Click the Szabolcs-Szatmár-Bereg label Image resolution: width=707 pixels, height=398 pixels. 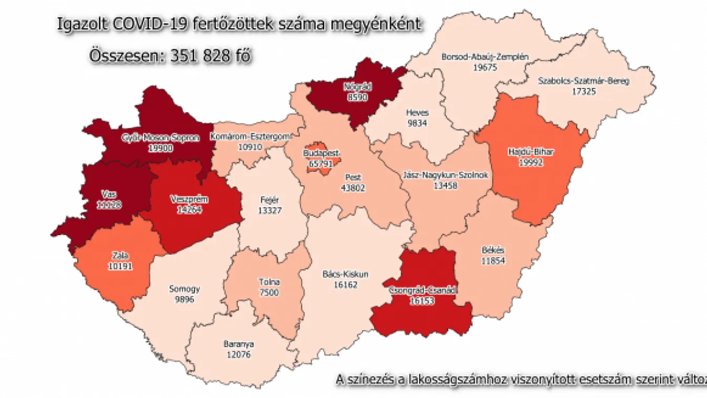584,81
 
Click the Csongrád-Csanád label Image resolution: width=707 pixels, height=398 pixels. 424,290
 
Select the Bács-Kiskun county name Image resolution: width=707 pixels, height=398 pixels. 344,274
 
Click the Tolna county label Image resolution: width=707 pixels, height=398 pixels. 269,282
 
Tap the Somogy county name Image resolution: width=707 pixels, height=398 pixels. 184,289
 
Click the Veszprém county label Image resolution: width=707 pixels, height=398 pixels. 189,200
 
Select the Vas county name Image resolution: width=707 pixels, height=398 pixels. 110,194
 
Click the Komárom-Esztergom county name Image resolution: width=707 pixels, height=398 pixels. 250,137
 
